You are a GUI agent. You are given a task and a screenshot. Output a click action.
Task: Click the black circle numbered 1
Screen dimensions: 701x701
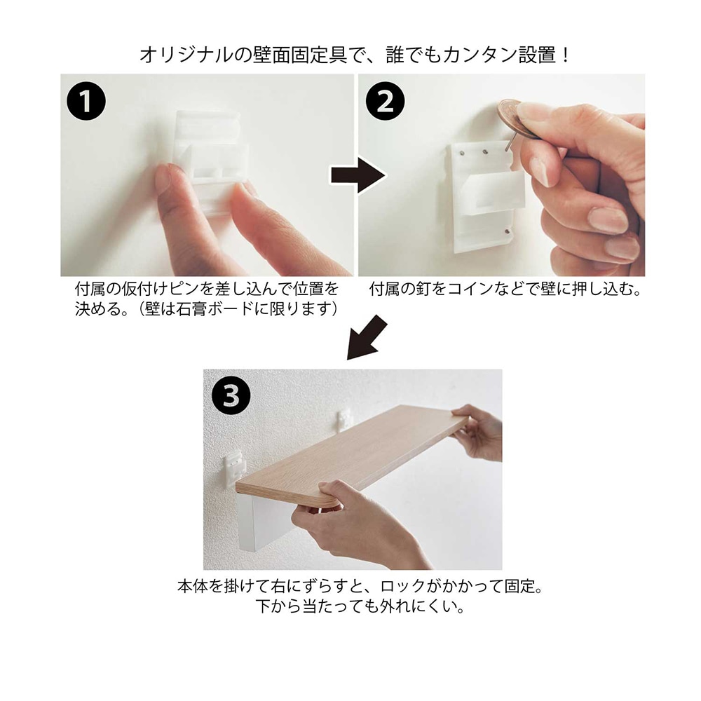pos(86,100)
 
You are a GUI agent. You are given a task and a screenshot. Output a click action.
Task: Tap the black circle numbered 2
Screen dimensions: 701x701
pos(385,100)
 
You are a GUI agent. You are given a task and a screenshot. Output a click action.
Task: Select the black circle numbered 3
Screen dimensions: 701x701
pos(231,395)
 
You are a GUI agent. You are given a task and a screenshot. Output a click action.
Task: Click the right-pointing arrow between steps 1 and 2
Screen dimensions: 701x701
pos(358,175)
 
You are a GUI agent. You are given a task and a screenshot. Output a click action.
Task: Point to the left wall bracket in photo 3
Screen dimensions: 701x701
pos(234,466)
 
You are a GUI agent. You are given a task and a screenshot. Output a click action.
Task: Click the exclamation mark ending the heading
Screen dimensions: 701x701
pos(566,55)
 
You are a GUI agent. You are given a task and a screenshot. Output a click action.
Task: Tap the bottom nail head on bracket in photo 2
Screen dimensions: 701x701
pos(508,231)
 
